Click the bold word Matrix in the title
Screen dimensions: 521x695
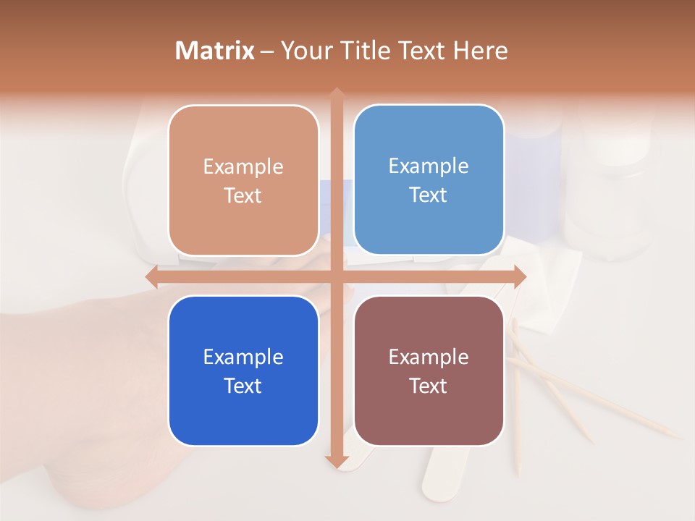tap(215, 51)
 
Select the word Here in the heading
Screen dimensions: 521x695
tap(480, 51)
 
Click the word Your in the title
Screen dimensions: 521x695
tap(304, 51)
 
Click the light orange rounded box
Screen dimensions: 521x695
tap(243, 180)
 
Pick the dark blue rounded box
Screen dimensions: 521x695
tap(243, 370)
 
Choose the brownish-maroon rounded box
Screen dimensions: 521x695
tap(429, 370)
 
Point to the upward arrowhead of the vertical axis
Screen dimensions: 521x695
tap(337, 93)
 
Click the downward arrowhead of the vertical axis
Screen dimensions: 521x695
tap(337, 461)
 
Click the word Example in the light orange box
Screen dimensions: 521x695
tap(243, 166)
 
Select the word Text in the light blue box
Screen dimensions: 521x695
tap(429, 195)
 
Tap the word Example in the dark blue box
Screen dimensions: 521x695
tap(243, 357)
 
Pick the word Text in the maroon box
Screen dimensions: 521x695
tap(429, 386)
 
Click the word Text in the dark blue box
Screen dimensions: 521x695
tap(243, 386)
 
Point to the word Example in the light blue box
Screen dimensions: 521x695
tap(429, 166)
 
